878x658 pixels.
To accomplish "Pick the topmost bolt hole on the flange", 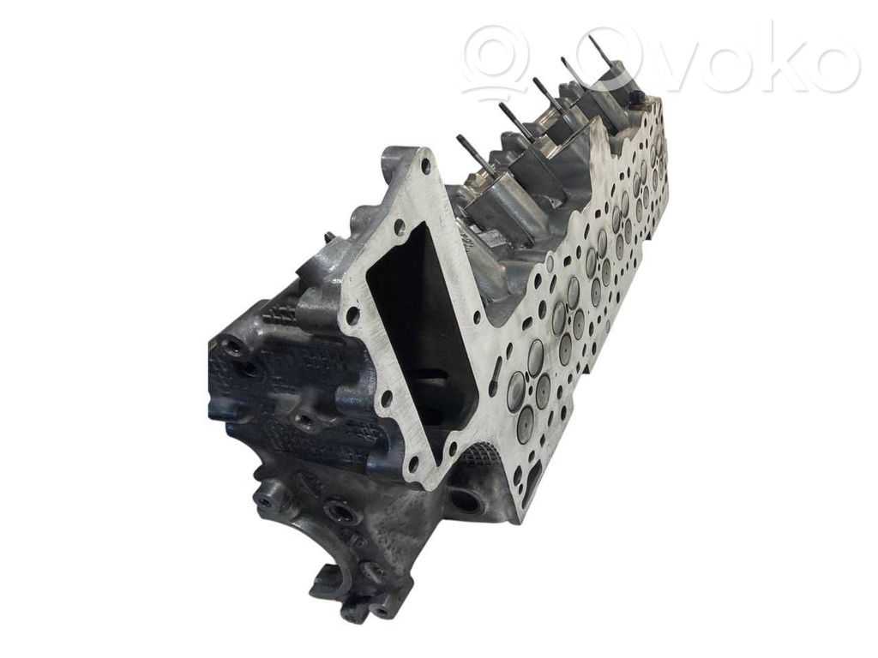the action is point(428,164).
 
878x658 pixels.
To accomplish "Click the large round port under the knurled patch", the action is point(464,498).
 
